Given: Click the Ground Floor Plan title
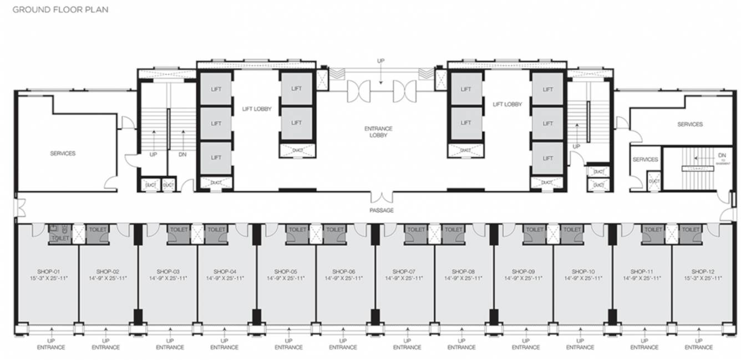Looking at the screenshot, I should [60, 9].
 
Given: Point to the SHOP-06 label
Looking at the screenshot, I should [343, 271].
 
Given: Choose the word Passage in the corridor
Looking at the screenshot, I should [381, 210].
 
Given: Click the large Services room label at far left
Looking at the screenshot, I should [63, 154].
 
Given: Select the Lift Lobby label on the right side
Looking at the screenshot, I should [506, 104].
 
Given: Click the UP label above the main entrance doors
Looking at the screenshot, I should [380, 60].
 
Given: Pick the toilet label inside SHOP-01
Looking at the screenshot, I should [60, 238].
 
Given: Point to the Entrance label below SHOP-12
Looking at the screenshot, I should [699, 348].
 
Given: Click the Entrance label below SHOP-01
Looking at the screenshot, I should [51, 348].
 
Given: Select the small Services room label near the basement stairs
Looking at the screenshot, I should [645, 160].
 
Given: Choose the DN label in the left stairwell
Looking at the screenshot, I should [182, 155].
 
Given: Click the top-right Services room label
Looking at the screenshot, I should [690, 125].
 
